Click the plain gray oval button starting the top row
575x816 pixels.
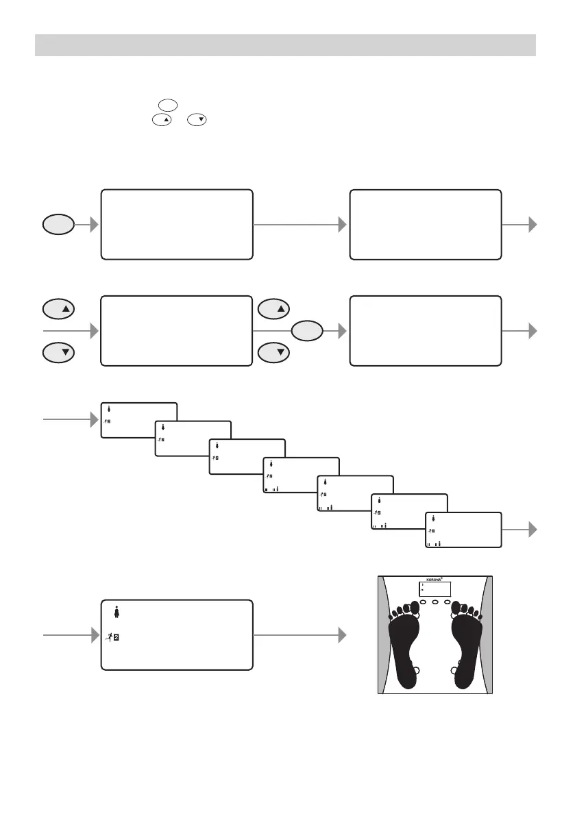pyautogui.click(x=58, y=225)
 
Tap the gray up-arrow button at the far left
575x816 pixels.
pyautogui.click(x=58, y=309)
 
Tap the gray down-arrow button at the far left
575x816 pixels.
pyautogui.click(x=58, y=353)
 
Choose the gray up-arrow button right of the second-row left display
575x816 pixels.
pyautogui.click(x=273, y=309)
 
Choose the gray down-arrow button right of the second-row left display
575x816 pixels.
pyautogui.click(x=273, y=353)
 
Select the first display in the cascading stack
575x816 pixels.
pyautogui.click(x=138, y=419)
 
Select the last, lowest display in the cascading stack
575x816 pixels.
pyautogui.click(x=463, y=530)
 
